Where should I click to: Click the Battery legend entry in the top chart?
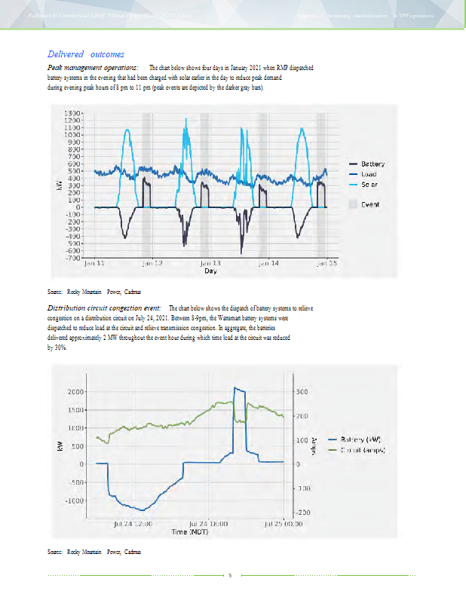(372, 164)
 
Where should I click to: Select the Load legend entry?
(369, 173)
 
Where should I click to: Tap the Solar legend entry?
(369, 184)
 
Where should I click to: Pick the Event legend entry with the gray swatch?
(369, 204)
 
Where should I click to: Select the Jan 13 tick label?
(210, 264)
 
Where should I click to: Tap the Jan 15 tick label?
(326, 264)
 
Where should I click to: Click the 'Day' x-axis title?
(210, 271)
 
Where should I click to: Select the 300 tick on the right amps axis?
(302, 392)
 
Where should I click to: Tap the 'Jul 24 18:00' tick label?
(208, 522)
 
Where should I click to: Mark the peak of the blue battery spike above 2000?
(236, 387)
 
